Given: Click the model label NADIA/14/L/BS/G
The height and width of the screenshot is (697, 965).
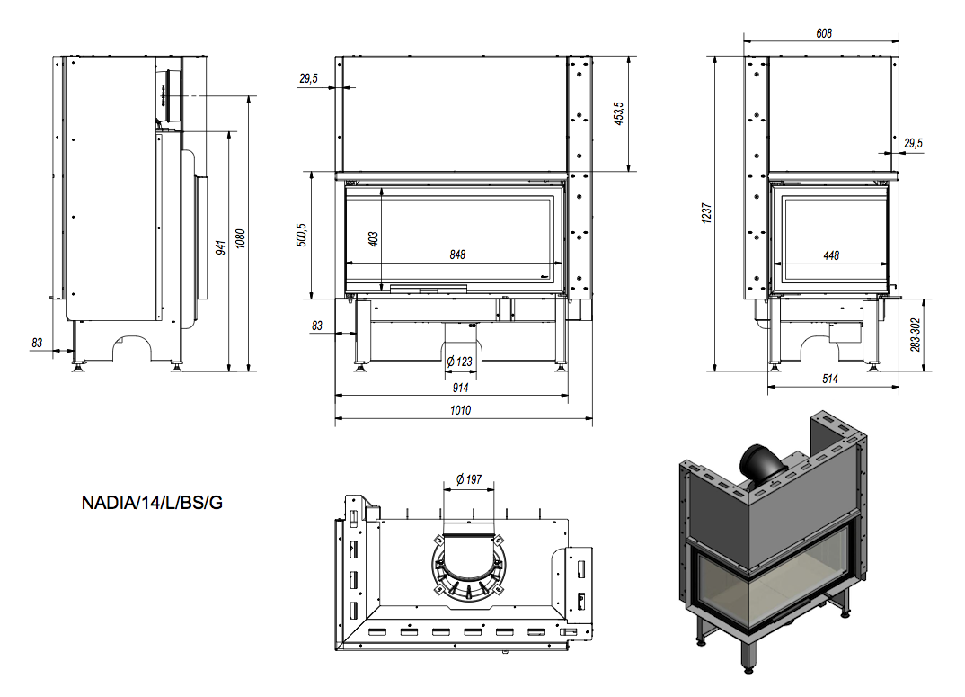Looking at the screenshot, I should [152, 503].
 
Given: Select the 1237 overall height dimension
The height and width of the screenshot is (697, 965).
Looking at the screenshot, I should [707, 212].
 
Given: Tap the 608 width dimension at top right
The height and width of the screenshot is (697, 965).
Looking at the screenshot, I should [824, 33].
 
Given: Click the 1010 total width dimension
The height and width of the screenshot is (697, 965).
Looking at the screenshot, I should [461, 410].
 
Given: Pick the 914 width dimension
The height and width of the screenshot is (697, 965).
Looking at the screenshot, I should [459, 388].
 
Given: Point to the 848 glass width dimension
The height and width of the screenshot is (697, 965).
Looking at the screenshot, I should [457, 255].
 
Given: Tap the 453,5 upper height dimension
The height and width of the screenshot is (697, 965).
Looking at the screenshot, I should [619, 113].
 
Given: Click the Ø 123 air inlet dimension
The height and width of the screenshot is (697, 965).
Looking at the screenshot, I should [459, 362].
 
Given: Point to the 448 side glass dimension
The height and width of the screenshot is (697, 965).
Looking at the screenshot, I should [831, 255].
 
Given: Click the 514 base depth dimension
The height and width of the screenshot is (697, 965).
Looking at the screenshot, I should [830, 380].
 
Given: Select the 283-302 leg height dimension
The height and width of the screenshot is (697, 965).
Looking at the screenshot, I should [916, 334].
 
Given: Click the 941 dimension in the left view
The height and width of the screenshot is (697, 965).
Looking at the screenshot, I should [220, 249].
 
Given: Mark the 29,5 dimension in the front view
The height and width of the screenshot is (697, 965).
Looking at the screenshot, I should [308, 79].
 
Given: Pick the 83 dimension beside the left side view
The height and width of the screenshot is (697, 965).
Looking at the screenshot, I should [37, 343].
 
